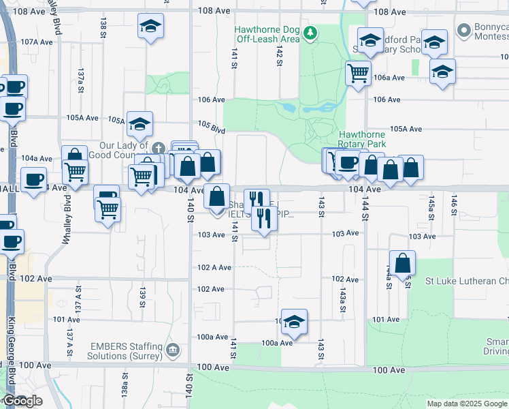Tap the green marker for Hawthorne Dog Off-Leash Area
[x=310, y=32]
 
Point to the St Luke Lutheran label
[x=467, y=281]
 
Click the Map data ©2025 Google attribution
[x=467, y=404]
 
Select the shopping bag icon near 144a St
[x=403, y=262]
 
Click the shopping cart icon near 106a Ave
[x=358, y=72]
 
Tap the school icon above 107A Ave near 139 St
[x=150, y=27]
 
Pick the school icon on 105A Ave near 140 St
[x=139, y=124]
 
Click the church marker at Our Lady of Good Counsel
[x=158, y=148]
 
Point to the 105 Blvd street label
[x=212, y=126]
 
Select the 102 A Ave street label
[x=210, y=268]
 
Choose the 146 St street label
[x=453, y=202]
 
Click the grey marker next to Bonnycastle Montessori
[x=464, y=31]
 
